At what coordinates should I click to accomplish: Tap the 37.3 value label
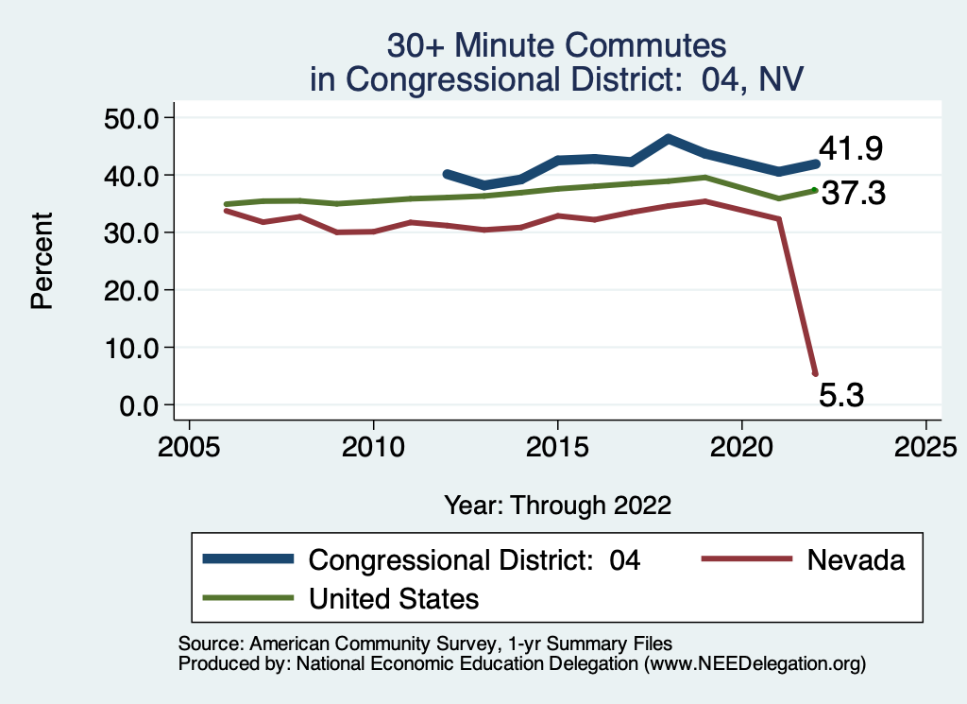[853, 194]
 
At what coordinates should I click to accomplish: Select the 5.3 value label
[840, 394]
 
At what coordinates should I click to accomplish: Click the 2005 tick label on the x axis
[189, 444]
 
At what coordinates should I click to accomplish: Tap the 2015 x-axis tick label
[557, 444]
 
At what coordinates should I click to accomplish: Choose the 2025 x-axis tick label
[925, 444]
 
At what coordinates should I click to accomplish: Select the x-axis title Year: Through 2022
[557, 506]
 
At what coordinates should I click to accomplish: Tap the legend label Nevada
[856, 559]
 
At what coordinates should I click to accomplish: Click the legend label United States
[394, 598]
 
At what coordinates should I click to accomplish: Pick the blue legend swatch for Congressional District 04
[247, 559]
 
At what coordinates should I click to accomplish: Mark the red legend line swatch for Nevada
[746, 559]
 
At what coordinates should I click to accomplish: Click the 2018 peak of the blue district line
[668, 139]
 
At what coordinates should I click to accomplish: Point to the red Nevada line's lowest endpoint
[815, 373]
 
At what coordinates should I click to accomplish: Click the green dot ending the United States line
[815, 190]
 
